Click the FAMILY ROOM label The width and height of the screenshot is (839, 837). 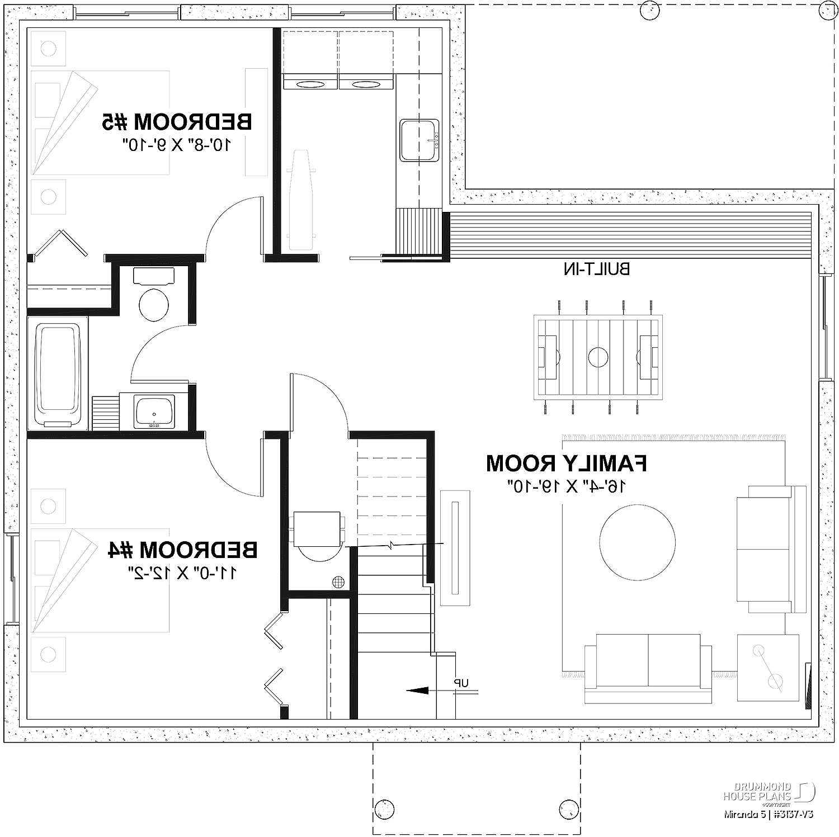tap(566, 464)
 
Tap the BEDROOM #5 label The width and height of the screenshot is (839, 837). tap(177, 121)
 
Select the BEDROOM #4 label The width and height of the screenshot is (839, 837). tap(182, 550)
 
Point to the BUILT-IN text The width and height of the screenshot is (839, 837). tap(596, 269)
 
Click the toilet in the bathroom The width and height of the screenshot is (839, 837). tap(154, 295)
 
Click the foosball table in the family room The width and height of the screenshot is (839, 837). tap(598, 357)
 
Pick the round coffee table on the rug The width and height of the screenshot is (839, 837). tap(637, 542)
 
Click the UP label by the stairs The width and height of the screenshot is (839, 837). tap(461, 683)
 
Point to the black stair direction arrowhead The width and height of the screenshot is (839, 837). tap(415, 691)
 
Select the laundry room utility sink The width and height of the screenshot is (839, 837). tap(419, 140)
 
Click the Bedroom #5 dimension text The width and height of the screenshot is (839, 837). tap(177, 146)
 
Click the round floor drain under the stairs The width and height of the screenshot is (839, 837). tap(337, 581)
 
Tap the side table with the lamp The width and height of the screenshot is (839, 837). tap(768, 668)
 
